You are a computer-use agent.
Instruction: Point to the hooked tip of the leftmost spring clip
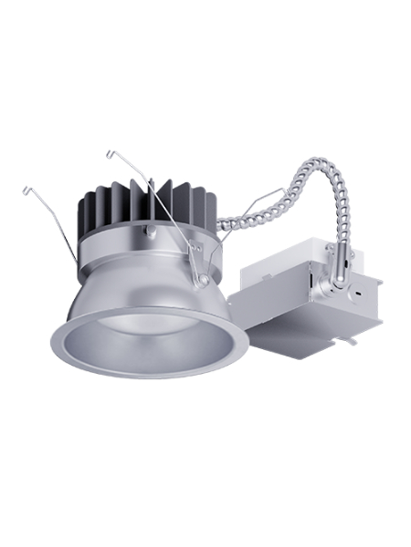(25, 190)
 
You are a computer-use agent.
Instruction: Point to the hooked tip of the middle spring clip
(110, 151)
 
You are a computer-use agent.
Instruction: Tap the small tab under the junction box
(350, 339)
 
